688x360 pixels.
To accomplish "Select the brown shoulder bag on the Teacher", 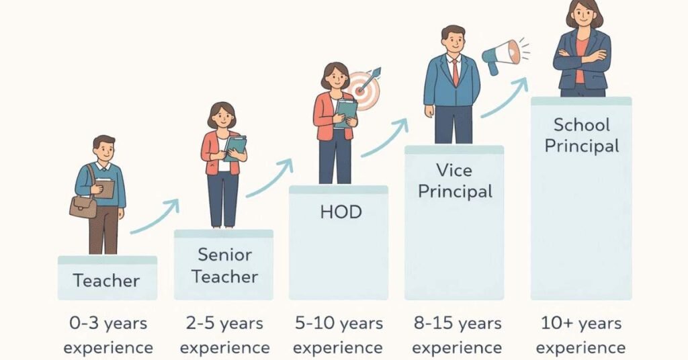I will (x=83, y=206).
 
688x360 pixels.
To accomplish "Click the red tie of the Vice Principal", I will (x=455, y=71).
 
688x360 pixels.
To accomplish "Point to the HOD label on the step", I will (x=341, y=213).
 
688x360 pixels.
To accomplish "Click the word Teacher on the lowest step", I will (x=106, y=280).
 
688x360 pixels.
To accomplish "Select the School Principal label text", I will (x=581, y=135).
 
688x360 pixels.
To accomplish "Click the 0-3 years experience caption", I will (x=108, y=335).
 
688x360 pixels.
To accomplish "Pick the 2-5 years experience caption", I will (x=224, y=335).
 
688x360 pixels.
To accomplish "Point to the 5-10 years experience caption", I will (x=339, y=335).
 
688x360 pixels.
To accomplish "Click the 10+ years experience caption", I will (x=580, y=335).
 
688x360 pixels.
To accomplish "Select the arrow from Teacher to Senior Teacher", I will (x=155, y=217).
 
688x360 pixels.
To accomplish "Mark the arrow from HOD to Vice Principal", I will (x=385, y=139).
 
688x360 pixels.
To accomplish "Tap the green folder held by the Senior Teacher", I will (x=235, y=146).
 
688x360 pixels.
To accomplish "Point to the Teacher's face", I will (x=105, y=148).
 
